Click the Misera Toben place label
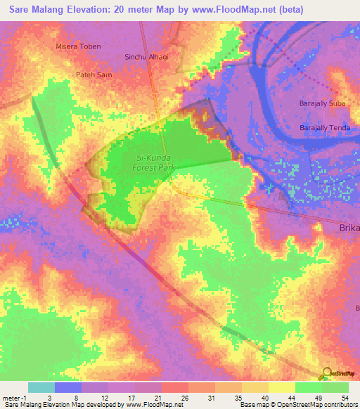78,46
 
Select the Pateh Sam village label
94,74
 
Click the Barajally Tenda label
325,128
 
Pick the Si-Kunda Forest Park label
142,163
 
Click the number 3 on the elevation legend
49,397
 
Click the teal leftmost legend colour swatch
41,387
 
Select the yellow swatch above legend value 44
282,387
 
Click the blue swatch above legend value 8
68,387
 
